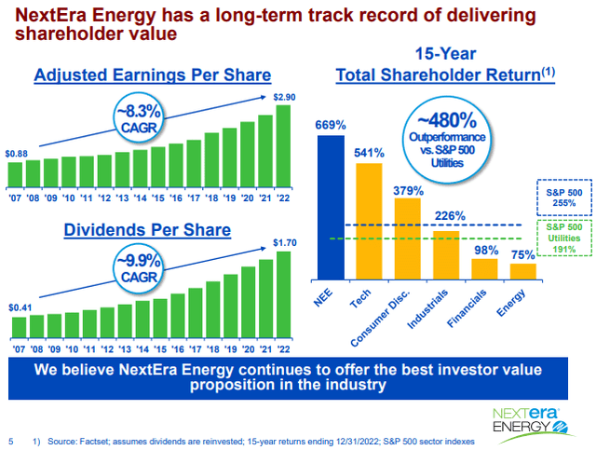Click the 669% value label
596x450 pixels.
tap(331, 125)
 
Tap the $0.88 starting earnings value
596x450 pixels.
tap(17, 153)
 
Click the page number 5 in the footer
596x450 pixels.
tap(10, 440)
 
